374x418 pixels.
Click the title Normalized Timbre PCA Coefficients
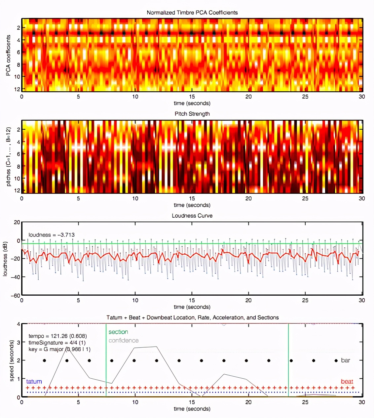(192, 13)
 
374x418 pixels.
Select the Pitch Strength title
(192, 114)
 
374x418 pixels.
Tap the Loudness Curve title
(192, 216)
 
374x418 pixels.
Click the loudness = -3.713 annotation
(52, 235)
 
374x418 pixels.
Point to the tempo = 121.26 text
(57, 336)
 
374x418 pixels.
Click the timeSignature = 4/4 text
(57, 343)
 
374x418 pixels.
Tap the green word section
(118, 332)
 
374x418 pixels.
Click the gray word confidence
(124, 341)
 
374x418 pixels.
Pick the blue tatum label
(34, 381)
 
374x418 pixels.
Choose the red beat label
(347, 381)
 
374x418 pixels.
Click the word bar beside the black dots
(345, 360)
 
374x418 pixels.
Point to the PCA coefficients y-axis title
(8, 56)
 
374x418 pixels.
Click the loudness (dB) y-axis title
(5, 259)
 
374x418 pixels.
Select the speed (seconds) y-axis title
(12, 361)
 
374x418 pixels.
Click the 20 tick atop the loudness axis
(17, 222)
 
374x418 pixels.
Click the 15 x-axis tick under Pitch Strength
(192, 198)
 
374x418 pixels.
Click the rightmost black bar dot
(336, 360)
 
